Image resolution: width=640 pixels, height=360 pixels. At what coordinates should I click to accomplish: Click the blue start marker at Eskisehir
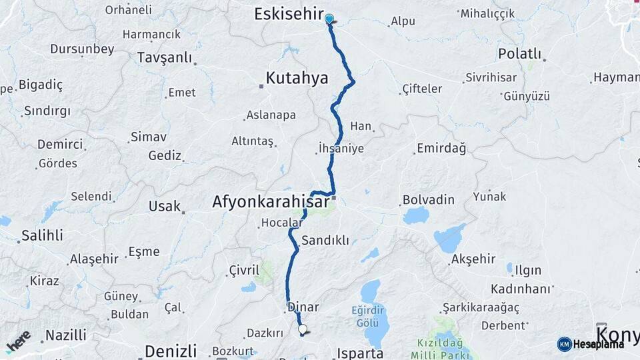(329, 19)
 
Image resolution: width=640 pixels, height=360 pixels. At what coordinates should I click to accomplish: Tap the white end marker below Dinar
(303, 329)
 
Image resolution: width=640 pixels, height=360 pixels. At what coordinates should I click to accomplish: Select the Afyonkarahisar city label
(270, 201)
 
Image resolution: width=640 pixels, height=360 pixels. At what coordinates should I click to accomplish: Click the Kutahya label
(297, 79)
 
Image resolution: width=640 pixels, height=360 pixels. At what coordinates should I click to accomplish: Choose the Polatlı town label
(519, 54)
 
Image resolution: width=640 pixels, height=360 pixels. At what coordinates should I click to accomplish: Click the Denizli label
(171, 351)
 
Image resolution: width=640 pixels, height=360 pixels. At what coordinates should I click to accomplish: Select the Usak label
(165, 206)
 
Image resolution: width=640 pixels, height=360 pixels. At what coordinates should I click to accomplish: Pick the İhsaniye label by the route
(341, 148)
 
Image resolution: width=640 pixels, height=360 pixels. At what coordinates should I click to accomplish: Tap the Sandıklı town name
(325, 240)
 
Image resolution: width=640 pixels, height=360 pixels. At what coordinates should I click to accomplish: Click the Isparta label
(361, 353)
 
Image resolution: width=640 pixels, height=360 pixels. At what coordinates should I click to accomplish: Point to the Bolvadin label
(428, 200)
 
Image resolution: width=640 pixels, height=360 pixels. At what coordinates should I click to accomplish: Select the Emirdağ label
(441, 148)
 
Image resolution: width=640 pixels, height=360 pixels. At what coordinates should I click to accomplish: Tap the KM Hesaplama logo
(590, 344)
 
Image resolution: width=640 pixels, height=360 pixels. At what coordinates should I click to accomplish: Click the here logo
(18, 341)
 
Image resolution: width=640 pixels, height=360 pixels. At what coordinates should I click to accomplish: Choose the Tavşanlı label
(164, 58)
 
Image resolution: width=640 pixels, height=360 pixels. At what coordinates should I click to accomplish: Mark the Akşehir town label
(473, 259)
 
